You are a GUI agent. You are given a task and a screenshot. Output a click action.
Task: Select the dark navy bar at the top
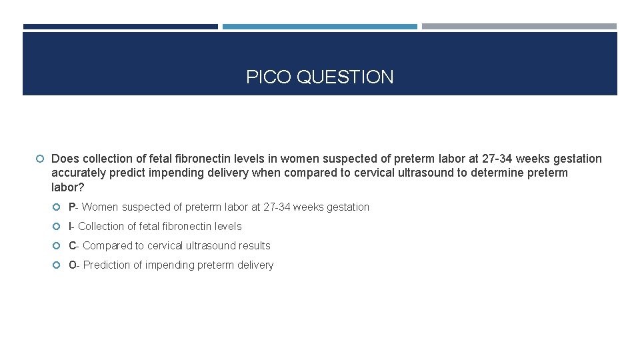coord(120,27)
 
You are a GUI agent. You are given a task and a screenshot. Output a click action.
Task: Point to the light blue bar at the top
coord(319,27)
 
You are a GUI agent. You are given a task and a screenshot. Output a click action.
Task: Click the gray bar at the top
coord(519,27)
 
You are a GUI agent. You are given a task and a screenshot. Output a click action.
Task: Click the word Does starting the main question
coord(65,159)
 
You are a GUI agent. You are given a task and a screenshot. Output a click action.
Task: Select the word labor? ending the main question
coord(67,187)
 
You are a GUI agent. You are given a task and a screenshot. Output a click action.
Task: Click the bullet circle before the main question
coord(41,159)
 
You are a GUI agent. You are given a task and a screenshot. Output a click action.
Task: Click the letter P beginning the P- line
coord(72,207)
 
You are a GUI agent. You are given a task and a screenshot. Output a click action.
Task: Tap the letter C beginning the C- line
coord(72,245)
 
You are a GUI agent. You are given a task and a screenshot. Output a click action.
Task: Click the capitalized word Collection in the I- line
coord(102,226)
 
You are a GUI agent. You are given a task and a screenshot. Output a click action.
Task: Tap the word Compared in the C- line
coord(107,245)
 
